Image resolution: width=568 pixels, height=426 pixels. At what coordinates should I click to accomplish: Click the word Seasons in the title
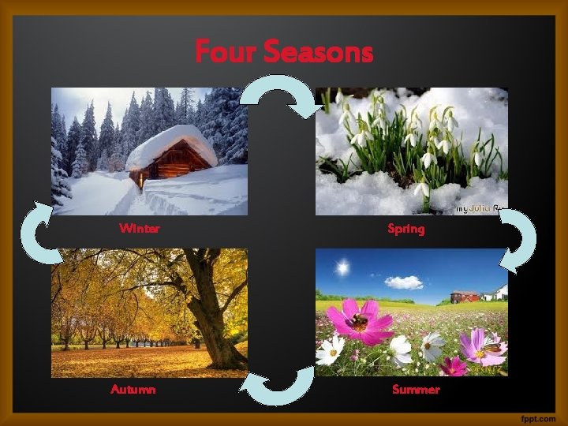pyautogui.click(x=318, y=52)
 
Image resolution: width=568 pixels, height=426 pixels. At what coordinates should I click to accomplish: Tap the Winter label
pyautogui.click(x=139, y=229)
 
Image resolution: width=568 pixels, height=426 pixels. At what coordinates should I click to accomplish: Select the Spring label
pyautogui.click(x=405, y=230)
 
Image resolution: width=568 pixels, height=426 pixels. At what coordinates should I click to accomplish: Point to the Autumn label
pyautogui.click(x=133, y=390)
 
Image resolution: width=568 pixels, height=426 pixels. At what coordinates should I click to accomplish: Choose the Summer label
pyautogui.click(x=415, y=390)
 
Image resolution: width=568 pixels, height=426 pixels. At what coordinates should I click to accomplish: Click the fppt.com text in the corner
pyautogui.click(x=538, y=415)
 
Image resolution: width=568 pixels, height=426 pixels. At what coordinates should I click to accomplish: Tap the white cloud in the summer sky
pyautogui.click(x=404, y=282)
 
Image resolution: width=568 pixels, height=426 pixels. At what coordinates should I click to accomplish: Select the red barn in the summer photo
pyautogui.click(x=464, y=297)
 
